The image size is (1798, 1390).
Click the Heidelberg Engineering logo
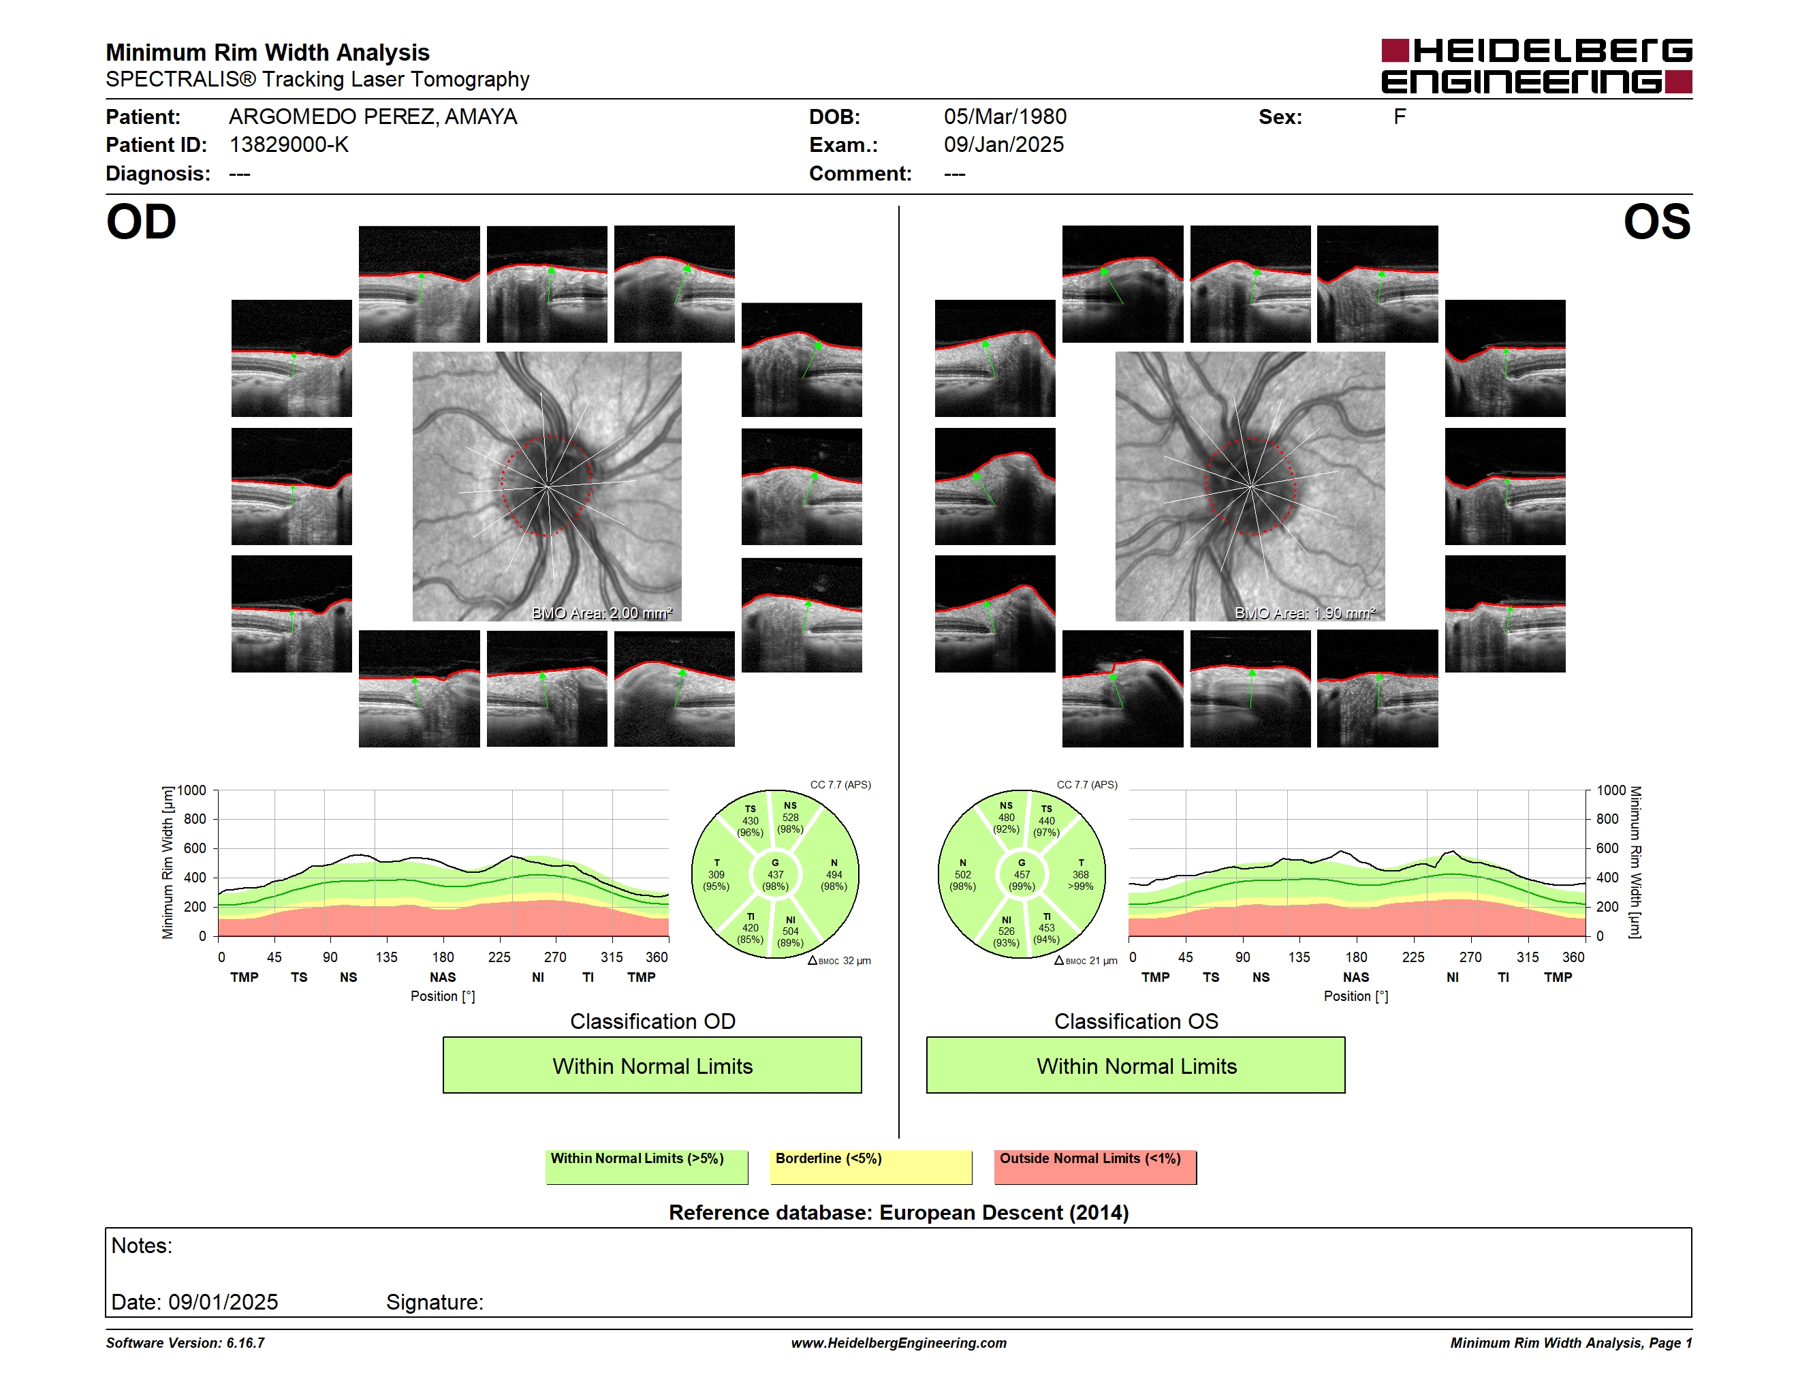coord(1536,66)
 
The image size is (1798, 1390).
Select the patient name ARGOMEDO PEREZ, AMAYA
coord(373,117)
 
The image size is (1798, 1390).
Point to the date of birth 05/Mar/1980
coord(1005,117)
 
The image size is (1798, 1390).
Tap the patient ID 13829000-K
coord(289,145)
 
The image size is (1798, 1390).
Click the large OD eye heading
coord(141,222)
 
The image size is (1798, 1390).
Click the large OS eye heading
coord(1657,222)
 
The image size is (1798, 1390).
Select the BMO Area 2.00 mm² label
coord(602,613)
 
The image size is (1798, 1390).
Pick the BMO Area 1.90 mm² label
coord(1305,613)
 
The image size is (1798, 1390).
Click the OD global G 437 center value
coord(776,874)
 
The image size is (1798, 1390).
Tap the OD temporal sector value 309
coord(716,874)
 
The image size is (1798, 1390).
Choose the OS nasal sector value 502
coord(962,874)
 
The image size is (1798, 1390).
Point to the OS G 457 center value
coord(1022,874)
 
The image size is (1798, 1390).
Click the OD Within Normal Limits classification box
coord(652,1065)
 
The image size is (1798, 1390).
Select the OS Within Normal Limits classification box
coord(1136,1065)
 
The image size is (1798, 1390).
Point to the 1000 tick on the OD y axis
coord(192,790)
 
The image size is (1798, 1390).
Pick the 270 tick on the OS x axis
coord(1470,957)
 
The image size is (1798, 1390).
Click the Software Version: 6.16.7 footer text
coord(185,1343)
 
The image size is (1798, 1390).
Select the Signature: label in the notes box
coord(435,1302)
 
